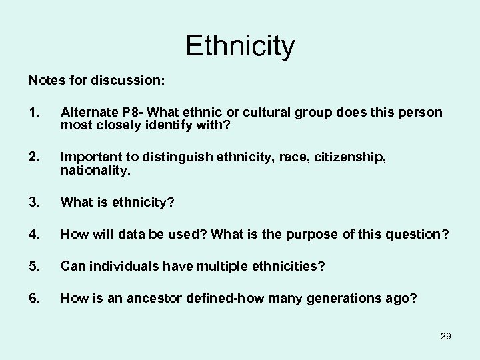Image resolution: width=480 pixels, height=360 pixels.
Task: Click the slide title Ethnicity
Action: [240, 46]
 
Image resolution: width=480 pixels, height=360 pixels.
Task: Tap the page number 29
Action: [445, 336]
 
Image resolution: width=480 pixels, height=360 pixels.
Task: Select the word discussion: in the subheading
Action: [127, 80]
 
